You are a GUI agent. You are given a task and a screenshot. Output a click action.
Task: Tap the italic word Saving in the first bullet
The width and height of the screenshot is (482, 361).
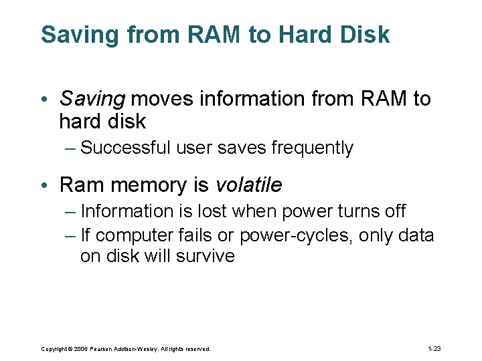(92, 99)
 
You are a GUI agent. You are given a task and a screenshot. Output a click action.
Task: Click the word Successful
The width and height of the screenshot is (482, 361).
(125, 148)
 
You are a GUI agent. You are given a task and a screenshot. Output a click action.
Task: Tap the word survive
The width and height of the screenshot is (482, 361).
(205, 256)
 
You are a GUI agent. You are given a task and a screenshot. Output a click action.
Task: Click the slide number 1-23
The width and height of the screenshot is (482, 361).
(434, 349)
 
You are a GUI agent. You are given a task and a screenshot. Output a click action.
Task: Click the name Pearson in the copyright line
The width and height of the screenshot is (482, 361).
(104, 349)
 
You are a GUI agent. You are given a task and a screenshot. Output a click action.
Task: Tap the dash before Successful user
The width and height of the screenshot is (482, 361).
(70, 148)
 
